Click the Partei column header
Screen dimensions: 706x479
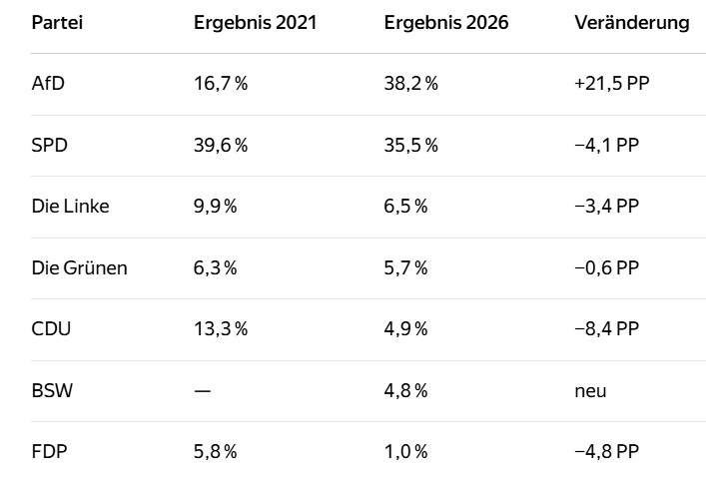(57, 23)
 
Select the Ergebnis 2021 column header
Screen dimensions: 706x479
(256, 23)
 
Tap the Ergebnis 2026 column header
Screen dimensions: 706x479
(446, 23)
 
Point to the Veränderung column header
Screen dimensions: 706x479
(632, 23)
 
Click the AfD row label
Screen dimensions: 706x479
(48, 83)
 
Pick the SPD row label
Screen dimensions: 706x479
(50, 145)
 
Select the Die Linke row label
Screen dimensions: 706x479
(70, 206)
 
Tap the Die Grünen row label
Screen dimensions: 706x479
(79, 267)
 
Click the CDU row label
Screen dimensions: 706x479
(51, 328)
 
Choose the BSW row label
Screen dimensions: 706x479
(52, 390)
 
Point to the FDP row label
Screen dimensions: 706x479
(50, 451)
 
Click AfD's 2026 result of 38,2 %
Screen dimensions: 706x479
(411, 83)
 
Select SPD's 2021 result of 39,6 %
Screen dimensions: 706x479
(221, 145)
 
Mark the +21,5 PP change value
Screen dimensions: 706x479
(612, 83)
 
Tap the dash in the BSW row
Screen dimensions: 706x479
(202, 391)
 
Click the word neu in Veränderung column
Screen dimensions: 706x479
(590, 391)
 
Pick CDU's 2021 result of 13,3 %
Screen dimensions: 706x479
(221, 328)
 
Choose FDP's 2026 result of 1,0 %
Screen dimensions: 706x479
(405, 451)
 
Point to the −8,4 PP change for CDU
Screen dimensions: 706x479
(606, 328)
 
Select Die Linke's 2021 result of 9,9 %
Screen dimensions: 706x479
(216, 206)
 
